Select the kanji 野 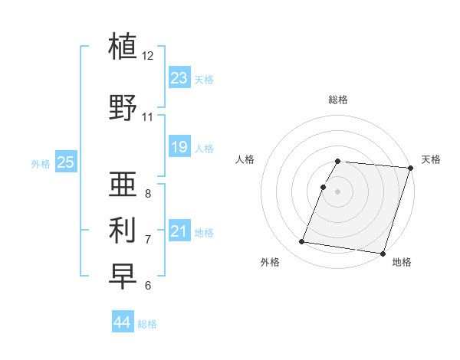123,106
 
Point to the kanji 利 123,229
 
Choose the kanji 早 123,275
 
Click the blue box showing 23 179,78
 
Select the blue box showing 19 179,147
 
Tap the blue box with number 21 179,231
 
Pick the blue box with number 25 65,162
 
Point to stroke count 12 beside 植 148,56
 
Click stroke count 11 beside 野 148,117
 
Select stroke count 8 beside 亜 148,194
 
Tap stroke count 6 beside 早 148,286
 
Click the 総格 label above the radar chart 338,100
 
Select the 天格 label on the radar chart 431,159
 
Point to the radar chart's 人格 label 245,159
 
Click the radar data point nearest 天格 409,168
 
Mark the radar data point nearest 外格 302,241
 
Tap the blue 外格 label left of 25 41,163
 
